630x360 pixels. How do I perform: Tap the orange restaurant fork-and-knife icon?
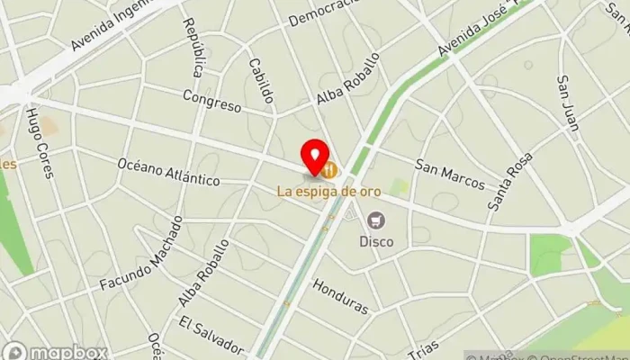coord(331,168)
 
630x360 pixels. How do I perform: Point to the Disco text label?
coord(376,241)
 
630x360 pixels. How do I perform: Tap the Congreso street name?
coord(211,100)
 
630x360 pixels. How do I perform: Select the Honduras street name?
coord(340,295)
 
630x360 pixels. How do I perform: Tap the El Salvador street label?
coord(211,335)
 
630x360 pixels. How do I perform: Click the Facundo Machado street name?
coord(134,269)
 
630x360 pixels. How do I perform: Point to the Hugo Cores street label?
coord(40,143)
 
